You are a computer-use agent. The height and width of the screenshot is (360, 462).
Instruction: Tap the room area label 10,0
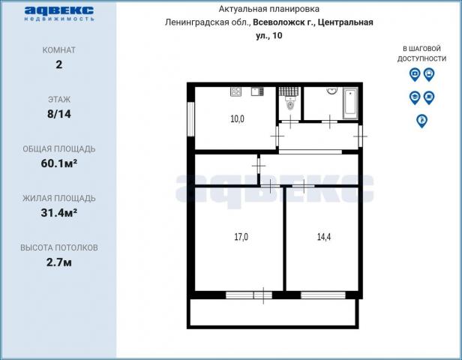(237, 118)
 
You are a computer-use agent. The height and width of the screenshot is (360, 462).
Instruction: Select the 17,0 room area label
(241, 237)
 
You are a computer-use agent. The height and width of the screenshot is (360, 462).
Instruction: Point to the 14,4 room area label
(324, 237)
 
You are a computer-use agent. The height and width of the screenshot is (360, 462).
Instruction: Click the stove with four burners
(235, 92)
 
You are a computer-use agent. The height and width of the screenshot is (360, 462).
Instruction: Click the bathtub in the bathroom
(350, 103)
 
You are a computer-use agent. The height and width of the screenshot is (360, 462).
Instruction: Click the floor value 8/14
(58, 114)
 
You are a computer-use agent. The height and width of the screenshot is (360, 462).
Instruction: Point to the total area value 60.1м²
(58, 163)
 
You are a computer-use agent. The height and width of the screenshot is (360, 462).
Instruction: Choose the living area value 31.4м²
(58, 213)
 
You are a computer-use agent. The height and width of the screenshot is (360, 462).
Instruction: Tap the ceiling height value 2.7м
(58, 262)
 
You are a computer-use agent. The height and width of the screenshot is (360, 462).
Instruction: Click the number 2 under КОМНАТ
(58, 64)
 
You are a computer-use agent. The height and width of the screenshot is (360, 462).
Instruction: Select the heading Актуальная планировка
(268, 9)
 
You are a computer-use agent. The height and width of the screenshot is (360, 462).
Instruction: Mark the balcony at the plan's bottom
(274, 313)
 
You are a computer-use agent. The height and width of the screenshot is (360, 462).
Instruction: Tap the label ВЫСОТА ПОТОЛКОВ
(58, 247)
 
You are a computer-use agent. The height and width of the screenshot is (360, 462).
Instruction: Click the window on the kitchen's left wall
(191, 117)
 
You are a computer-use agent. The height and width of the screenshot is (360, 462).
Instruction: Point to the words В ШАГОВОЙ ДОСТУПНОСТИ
(421, 53)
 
